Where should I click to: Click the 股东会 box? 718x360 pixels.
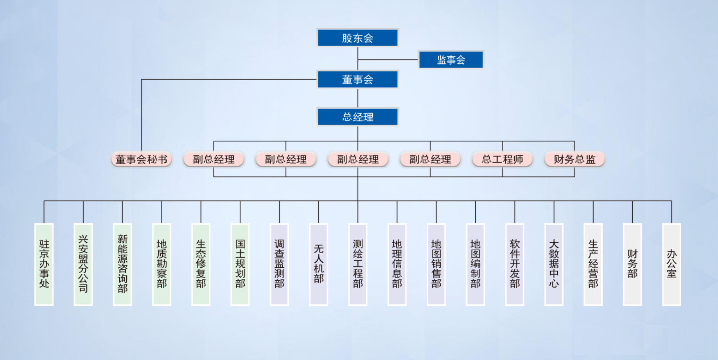pyautogui.click(x=357, y=38)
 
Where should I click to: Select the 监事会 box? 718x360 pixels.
pyautogui.click(x=451, y=60)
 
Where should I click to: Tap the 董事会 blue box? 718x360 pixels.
pyautogui.click(x=357, y=80)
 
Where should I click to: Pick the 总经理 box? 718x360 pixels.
pyautogui.click(x=357, y=117)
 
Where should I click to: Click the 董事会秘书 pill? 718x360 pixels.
pyautogui.click(x=141, y=159)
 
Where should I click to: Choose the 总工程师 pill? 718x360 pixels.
pyautogui.click(x=502, y=159)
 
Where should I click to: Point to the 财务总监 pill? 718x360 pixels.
pyautogui.click(x=574, y=159)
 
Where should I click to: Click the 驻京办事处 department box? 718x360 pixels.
pyautogui.click(x=44, y=264)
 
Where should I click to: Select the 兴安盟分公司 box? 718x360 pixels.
pyautogui.click(x=83, y=264)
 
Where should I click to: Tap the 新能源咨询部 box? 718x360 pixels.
pyautogui.click(x=122, y=264)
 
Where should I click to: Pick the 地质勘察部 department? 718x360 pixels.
pyautogui.click(x=162, y=264)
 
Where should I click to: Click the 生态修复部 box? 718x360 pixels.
pyautogui.click(x=201, y=264)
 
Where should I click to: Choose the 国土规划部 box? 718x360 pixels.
pyautogui.click(x=240, y=264)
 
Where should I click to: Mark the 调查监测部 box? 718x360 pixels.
pyautogui.click(x=279, y=264)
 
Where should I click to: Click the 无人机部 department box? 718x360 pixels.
pyautogui.click(x=319, y=264)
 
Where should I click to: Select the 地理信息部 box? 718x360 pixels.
pyautogui.click(x=397, y=264)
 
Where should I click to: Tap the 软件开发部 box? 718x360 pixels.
pyautogui.click(x=515, y=264)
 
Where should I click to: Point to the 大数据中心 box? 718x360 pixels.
pyautogui.click(x=554, y=264)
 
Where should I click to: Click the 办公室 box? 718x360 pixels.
pyautogui.click(x=671, y=264)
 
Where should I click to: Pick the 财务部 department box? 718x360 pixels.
pyautogui.click(x=632, y=264)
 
